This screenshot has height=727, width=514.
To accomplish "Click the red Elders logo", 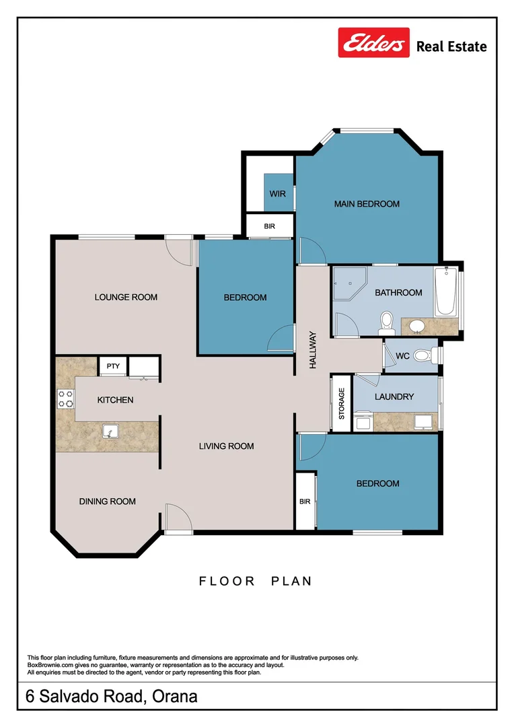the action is pos(373,42).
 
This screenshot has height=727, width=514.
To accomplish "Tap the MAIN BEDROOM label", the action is pos(367,204).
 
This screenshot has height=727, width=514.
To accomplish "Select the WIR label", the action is pos(278,194).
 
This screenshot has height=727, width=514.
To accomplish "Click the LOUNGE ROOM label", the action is pos(126,298).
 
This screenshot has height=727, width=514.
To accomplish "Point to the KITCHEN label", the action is pos(116,400).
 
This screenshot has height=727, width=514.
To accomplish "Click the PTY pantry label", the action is pos(113,366).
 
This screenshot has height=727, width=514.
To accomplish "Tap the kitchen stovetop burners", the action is pos(65,399).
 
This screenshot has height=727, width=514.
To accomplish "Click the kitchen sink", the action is pos(110,431).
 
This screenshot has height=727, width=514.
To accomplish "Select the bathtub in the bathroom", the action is pos(446,291).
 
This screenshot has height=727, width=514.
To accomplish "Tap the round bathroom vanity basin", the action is pos(418,326).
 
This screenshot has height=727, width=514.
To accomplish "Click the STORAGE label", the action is pos(342,404).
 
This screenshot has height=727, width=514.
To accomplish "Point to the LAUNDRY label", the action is pos(394,397).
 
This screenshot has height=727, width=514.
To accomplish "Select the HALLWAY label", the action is pos(313,350).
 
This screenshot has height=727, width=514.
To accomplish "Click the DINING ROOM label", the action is pos(108,501).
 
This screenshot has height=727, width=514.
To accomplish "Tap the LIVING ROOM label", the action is pos(226,446).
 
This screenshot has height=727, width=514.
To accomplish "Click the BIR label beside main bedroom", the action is pos(269,226).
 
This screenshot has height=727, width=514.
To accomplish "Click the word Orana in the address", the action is pos(175,697).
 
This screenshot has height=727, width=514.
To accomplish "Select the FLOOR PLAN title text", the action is pos(256,581).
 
